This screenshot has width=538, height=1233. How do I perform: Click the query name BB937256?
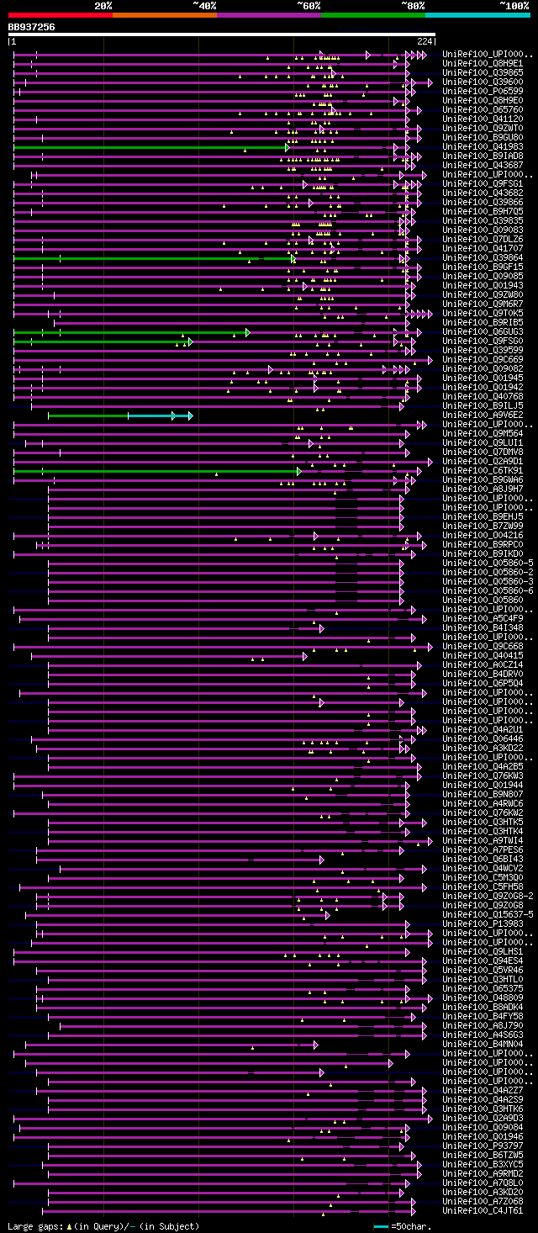click(32, 27)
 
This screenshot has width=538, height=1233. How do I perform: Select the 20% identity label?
click(103, 6)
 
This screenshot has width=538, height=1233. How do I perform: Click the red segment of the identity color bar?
click(60, 15)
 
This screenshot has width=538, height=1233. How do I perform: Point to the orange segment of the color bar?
click(164, 15)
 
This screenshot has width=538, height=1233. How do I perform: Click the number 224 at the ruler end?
click(425, 41)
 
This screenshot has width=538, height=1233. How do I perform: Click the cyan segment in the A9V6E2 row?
click(151, 415)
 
